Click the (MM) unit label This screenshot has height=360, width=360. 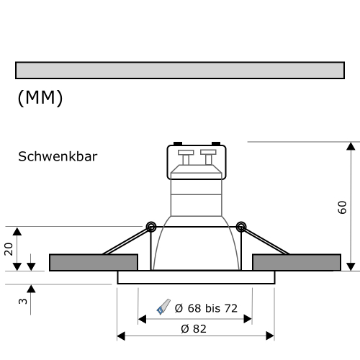pos(40,98)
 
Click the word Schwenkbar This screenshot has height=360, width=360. pos(58,156)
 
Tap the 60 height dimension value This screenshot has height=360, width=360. pos(342,207)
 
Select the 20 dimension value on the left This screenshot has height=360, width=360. pos(9,248)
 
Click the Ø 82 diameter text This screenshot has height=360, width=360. pos(194,328)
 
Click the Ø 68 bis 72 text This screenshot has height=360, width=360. pos(206,308)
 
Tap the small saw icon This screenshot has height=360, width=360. pos(163,307)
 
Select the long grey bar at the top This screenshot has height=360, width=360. pos(179,70)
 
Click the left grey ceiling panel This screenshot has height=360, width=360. pos(93,262)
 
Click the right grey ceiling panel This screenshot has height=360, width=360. pos(297,262)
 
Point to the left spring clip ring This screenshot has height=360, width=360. pos(150,227)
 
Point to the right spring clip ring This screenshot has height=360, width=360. pos(241,227)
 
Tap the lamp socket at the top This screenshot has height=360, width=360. pos(197,161)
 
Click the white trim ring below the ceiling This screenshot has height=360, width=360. pos(195,277)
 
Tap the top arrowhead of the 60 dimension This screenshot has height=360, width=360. pos(350,147)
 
